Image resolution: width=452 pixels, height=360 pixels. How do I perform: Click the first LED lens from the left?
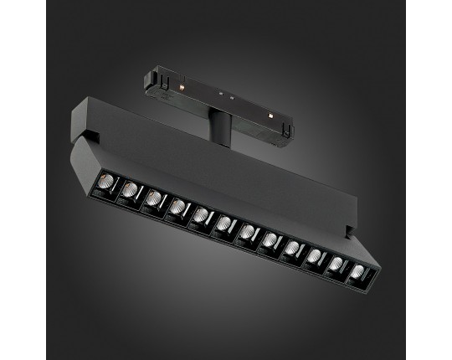tap(105, 183)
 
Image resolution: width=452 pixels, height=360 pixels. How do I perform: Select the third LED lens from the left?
tap(153, 198)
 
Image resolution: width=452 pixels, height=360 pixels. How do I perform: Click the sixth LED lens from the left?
tap(224, 222)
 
